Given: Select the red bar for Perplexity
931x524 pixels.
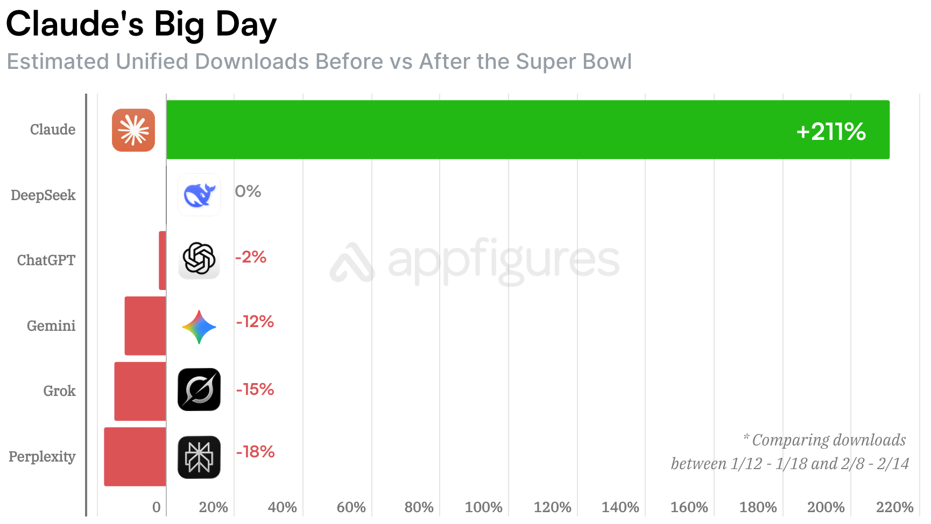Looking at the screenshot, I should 135,457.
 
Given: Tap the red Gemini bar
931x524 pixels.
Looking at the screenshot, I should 145,326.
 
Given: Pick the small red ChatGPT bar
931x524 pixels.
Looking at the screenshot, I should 163,260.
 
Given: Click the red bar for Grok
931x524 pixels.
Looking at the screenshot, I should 140,391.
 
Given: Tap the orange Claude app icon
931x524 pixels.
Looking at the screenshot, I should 133,130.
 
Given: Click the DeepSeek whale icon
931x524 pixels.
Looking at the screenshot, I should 199,195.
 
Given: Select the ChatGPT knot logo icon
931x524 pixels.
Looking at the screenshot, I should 199,259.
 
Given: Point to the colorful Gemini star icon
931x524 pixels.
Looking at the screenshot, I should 199,327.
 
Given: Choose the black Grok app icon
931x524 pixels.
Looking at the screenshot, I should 199,390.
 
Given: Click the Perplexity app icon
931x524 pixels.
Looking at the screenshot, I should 199,457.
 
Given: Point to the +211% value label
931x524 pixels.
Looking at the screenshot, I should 831,132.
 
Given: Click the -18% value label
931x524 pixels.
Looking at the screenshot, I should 255,452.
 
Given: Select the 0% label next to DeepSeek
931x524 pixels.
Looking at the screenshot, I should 248,192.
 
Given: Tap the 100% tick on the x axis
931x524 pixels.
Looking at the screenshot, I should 483,507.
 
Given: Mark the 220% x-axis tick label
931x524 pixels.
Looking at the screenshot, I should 894,507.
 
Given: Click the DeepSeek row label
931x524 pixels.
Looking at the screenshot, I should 43,195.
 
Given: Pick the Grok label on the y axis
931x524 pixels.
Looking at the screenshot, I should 59,391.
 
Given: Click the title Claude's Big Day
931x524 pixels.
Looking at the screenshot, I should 141,25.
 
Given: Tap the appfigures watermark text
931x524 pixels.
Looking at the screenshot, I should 503,261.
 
